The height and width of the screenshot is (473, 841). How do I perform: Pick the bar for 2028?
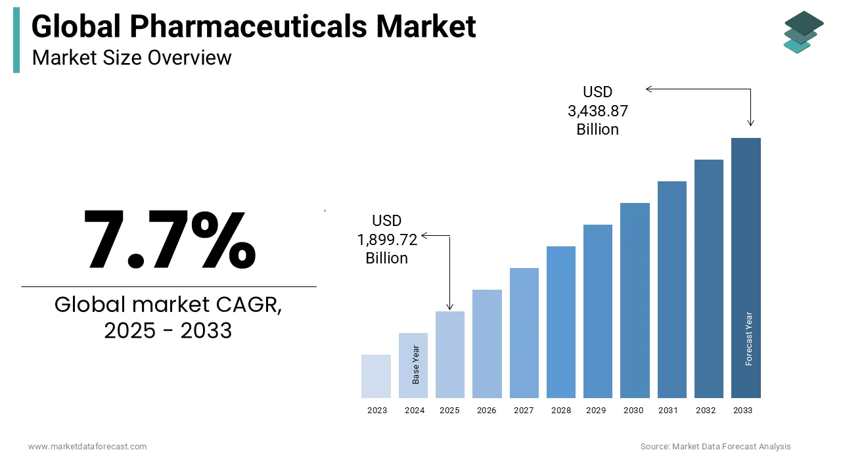560,322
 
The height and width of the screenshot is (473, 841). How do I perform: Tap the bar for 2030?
635,300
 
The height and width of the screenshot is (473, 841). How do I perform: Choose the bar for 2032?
708,279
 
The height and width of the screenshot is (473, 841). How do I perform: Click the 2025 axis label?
449,411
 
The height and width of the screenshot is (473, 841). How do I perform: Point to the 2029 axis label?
596,411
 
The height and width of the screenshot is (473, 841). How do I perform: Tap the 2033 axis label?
743,411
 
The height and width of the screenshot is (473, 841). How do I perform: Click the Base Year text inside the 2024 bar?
415,365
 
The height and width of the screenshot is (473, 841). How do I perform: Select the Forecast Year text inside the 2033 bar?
748,338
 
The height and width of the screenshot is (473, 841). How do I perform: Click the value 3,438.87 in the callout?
597,111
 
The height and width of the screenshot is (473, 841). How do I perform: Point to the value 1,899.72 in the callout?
387,240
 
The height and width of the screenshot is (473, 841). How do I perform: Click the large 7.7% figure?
170,240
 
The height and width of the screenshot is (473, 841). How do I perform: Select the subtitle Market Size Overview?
131,58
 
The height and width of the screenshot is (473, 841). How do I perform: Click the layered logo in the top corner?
803,32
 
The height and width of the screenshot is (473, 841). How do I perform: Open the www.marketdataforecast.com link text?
87,447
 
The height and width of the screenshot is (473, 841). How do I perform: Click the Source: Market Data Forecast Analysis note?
716,447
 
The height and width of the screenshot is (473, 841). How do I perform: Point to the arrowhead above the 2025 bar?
450,306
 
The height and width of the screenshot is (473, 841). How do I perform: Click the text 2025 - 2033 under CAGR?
168,330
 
